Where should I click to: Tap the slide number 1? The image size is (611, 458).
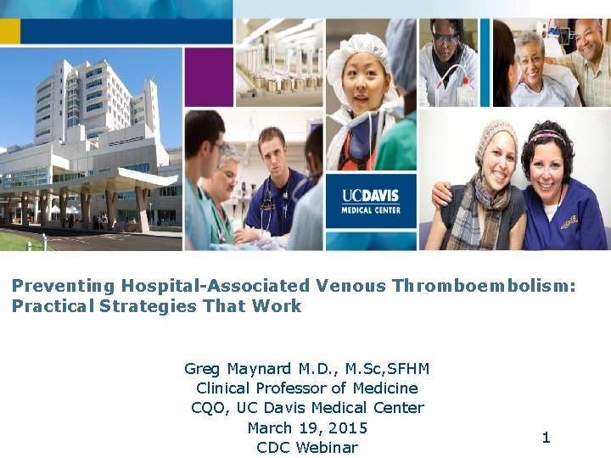[546, 438]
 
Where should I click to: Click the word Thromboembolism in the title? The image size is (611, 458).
[484, 286]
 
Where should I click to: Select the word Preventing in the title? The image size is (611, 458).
[63, 286]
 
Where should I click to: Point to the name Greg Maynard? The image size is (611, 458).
[238, 368]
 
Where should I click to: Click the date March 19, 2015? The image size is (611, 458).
[306, 427]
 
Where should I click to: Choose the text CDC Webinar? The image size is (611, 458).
[306, 447]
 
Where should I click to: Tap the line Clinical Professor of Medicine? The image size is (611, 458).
[306, 388]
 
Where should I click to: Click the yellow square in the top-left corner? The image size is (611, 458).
[9, 31]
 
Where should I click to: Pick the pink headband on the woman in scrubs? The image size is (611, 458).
[547, 133]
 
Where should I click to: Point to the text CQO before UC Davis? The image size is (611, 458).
[208, 407]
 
